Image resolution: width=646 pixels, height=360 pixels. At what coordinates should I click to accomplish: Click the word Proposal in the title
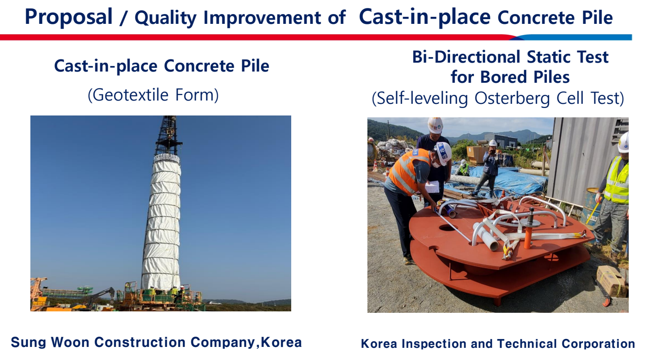pos(69,17)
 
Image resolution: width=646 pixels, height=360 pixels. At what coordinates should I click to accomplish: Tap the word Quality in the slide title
pos(165,18)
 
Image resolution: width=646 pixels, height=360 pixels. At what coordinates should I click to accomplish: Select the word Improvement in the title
pos(262,18)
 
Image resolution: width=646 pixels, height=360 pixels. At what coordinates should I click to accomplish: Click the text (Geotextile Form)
pos(153,95)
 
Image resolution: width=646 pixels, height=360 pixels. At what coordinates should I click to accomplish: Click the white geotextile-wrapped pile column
pos(162,222)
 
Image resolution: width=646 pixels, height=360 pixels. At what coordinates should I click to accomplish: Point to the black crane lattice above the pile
pos(168,135)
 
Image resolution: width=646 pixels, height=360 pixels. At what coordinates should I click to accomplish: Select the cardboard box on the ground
pos(611,281)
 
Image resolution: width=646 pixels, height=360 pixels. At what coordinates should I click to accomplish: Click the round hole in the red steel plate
pos(448,228)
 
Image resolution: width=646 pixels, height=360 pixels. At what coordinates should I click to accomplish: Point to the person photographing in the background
pos(488,167)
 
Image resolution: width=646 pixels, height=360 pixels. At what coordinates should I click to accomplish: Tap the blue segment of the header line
pos(574,37)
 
